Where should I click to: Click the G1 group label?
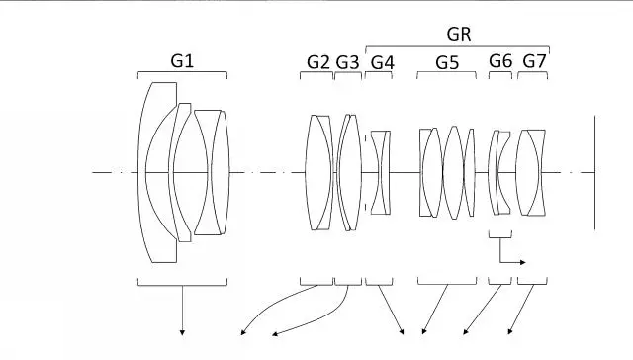[x=182, y=61]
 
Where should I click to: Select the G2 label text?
[x=318, y=62]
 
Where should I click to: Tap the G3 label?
[x=347, y=62]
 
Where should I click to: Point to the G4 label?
[x=382, y=62]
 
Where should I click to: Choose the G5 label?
[x=447, y=62]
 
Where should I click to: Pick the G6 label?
[x=500, y=61]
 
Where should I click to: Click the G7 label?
[x=534, y=61]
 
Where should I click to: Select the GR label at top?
[x=459, y=34]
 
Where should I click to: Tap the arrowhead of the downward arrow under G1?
[x=182, y=332]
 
